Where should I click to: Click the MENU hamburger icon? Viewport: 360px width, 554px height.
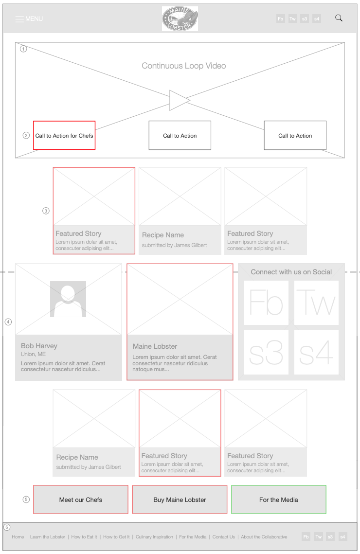coord(19,19)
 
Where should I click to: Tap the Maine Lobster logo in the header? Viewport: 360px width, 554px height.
coord(180,19)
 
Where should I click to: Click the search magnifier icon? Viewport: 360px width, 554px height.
coord(339,18)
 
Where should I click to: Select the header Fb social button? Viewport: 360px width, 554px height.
coord(281,19)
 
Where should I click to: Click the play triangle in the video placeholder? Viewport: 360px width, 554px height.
coord(179,100)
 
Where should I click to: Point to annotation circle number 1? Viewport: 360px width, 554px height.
coord(23,49)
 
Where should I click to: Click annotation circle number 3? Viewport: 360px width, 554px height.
coord(46,211)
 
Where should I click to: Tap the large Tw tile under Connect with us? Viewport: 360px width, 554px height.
coord(316,303)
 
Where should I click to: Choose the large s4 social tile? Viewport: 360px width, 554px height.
coord(316,353)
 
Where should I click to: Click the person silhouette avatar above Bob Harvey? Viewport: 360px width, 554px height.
coord(68,299)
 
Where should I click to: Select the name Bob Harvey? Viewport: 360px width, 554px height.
coord(39,346)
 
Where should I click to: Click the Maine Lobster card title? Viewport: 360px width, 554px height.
coord(155,346)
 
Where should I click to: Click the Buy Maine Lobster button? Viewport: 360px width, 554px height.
coord(180,500)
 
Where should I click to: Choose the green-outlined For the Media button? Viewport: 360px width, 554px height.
coord(279,500)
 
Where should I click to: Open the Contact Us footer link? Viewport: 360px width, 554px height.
coord(224,537)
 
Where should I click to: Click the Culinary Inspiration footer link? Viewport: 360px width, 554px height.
coord(154,537)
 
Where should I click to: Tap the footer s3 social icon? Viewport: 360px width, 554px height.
coord(330,537)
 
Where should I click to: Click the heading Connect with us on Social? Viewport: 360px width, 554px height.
coord(291,272)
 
